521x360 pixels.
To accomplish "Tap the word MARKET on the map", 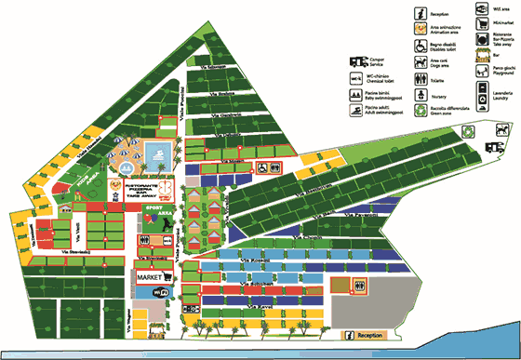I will pyautogui.click(x=150, y=278).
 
